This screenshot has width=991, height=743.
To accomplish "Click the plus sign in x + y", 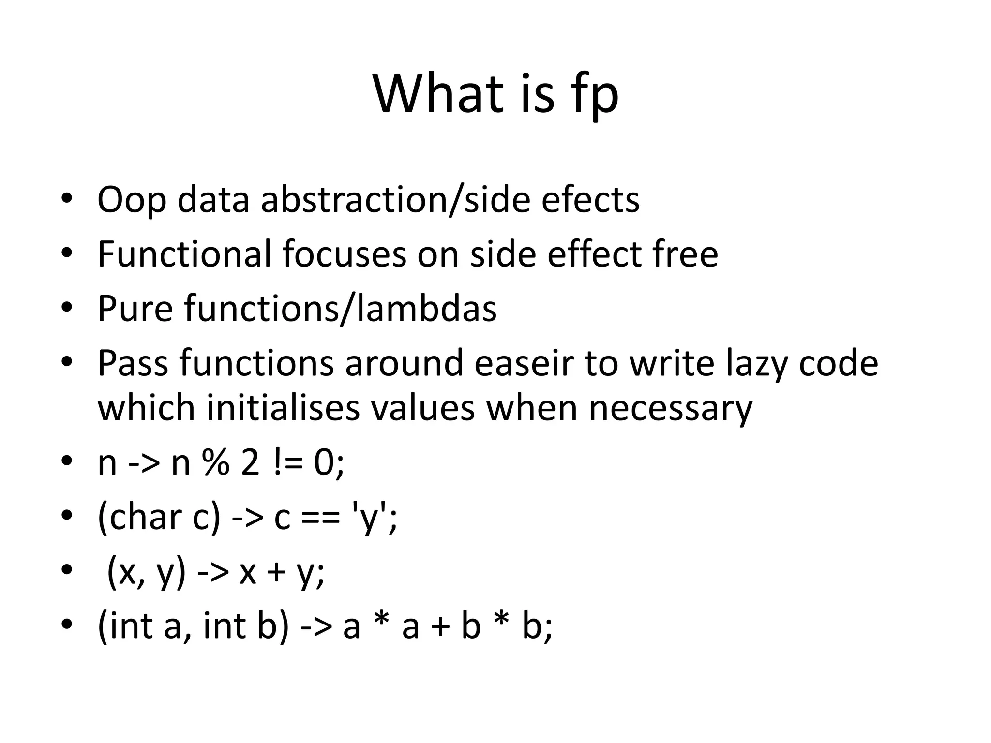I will (276, 573).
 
